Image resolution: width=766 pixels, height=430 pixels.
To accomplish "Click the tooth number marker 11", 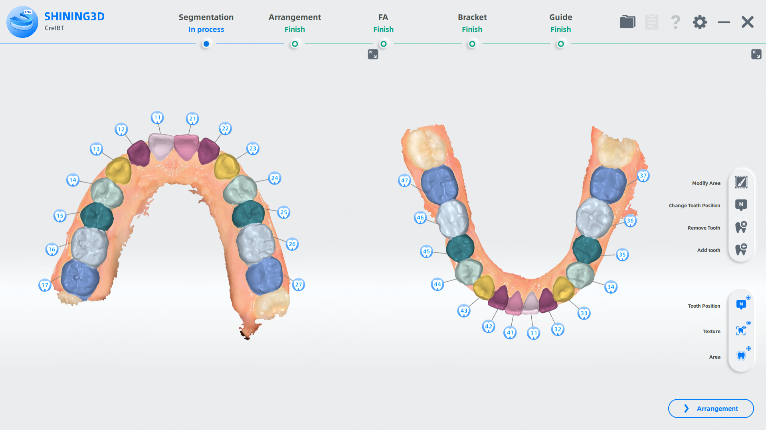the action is click(157, 118).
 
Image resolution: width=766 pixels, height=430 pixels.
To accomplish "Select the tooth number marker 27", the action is click(299, 285).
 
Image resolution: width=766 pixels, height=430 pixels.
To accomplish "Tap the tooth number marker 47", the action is click(404, 181).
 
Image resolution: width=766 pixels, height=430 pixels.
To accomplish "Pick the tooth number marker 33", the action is click(584, 313).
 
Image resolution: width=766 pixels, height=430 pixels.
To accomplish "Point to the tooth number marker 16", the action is click(52, 249).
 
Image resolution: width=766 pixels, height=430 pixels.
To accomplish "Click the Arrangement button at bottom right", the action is click(711, 408).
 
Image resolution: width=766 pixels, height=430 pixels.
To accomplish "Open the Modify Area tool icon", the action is click(741, 183).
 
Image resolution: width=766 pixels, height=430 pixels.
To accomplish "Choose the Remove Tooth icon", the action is click(741, 227).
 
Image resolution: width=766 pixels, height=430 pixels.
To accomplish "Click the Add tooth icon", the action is click(741, 249).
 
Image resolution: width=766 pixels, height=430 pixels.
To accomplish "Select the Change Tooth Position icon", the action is click(741, 205).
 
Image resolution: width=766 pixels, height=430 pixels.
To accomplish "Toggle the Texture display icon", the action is click(741, 331).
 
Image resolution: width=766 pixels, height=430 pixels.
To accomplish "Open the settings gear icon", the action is click(699, 22).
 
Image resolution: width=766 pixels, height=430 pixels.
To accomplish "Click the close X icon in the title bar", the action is click(747, 22).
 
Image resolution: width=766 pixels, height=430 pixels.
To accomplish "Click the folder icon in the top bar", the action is click(627, 22).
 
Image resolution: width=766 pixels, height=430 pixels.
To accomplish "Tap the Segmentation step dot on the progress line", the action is click(206, 44).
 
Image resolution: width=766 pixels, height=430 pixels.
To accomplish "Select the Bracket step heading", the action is click(472, 17).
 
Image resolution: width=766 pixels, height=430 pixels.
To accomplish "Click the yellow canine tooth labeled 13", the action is click(119, 171).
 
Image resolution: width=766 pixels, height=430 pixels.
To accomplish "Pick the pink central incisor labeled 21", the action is click(186, 146).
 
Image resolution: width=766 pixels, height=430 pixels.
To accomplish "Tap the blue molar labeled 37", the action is click(608, 184).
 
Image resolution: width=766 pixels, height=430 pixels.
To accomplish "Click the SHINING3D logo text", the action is click(74, 17).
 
